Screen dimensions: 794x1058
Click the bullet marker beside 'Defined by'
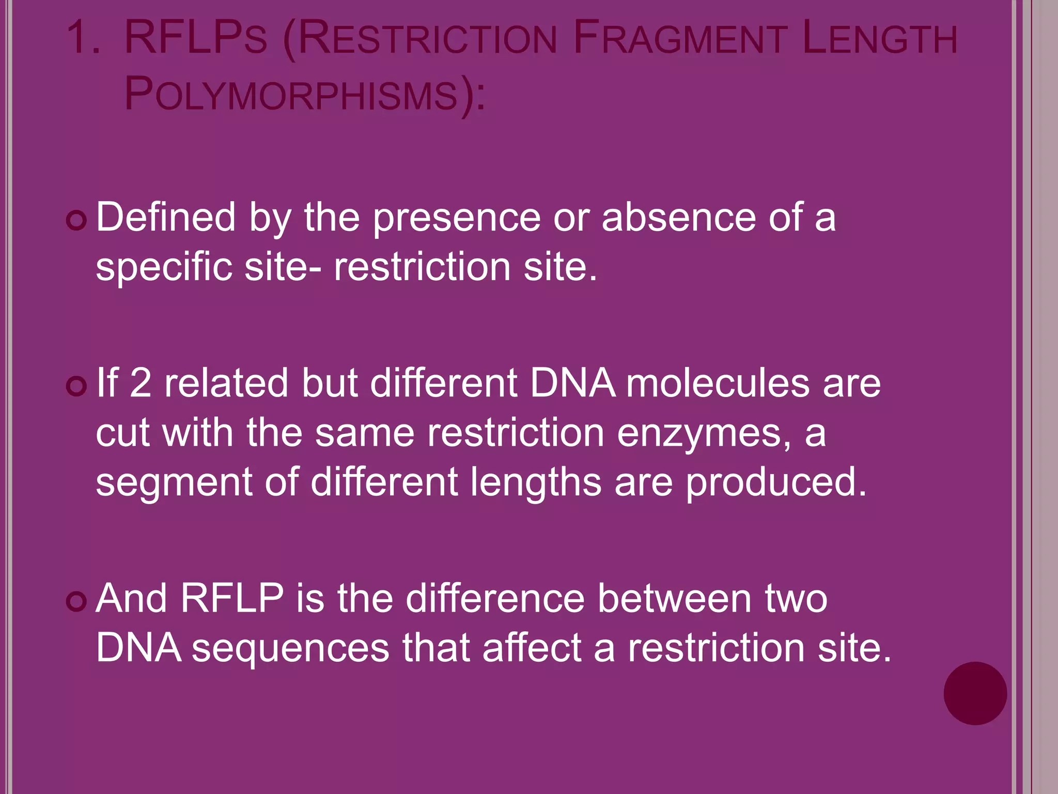76,222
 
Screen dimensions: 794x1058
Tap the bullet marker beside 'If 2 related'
76,387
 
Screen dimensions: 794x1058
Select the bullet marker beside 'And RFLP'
76,602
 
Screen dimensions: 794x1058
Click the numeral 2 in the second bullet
141,383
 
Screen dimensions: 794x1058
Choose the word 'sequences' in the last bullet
290,648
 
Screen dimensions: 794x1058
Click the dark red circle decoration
975,693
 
